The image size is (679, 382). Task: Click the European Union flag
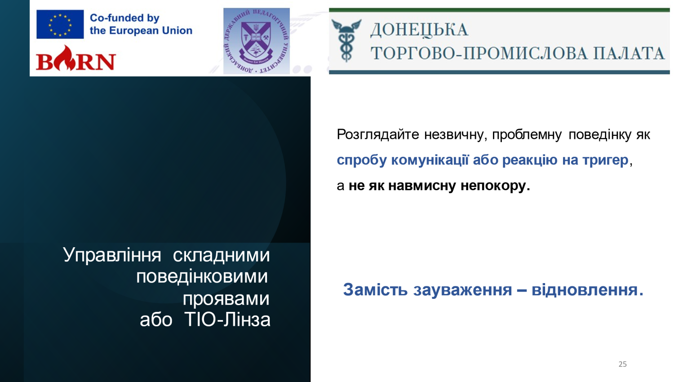(60, 24)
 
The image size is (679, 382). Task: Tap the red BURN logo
(76, 58)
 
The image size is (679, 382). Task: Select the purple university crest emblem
(257, 41)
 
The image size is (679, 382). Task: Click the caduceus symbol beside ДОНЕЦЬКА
(346, 40)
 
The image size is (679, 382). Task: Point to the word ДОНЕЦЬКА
(419, 30)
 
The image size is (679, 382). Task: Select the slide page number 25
(622, 364)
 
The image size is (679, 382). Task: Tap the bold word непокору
(495, 186)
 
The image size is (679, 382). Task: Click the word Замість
(375, 289)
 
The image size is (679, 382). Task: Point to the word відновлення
(587, 289)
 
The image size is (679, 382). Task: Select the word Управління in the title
(112, 255)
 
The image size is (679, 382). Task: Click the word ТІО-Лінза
(227, 320)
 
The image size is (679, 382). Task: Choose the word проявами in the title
(226, 299)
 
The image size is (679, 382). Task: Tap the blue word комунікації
(430, 160)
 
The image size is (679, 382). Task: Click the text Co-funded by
(124, 18)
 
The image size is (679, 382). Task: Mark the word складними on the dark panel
(221, 255)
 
